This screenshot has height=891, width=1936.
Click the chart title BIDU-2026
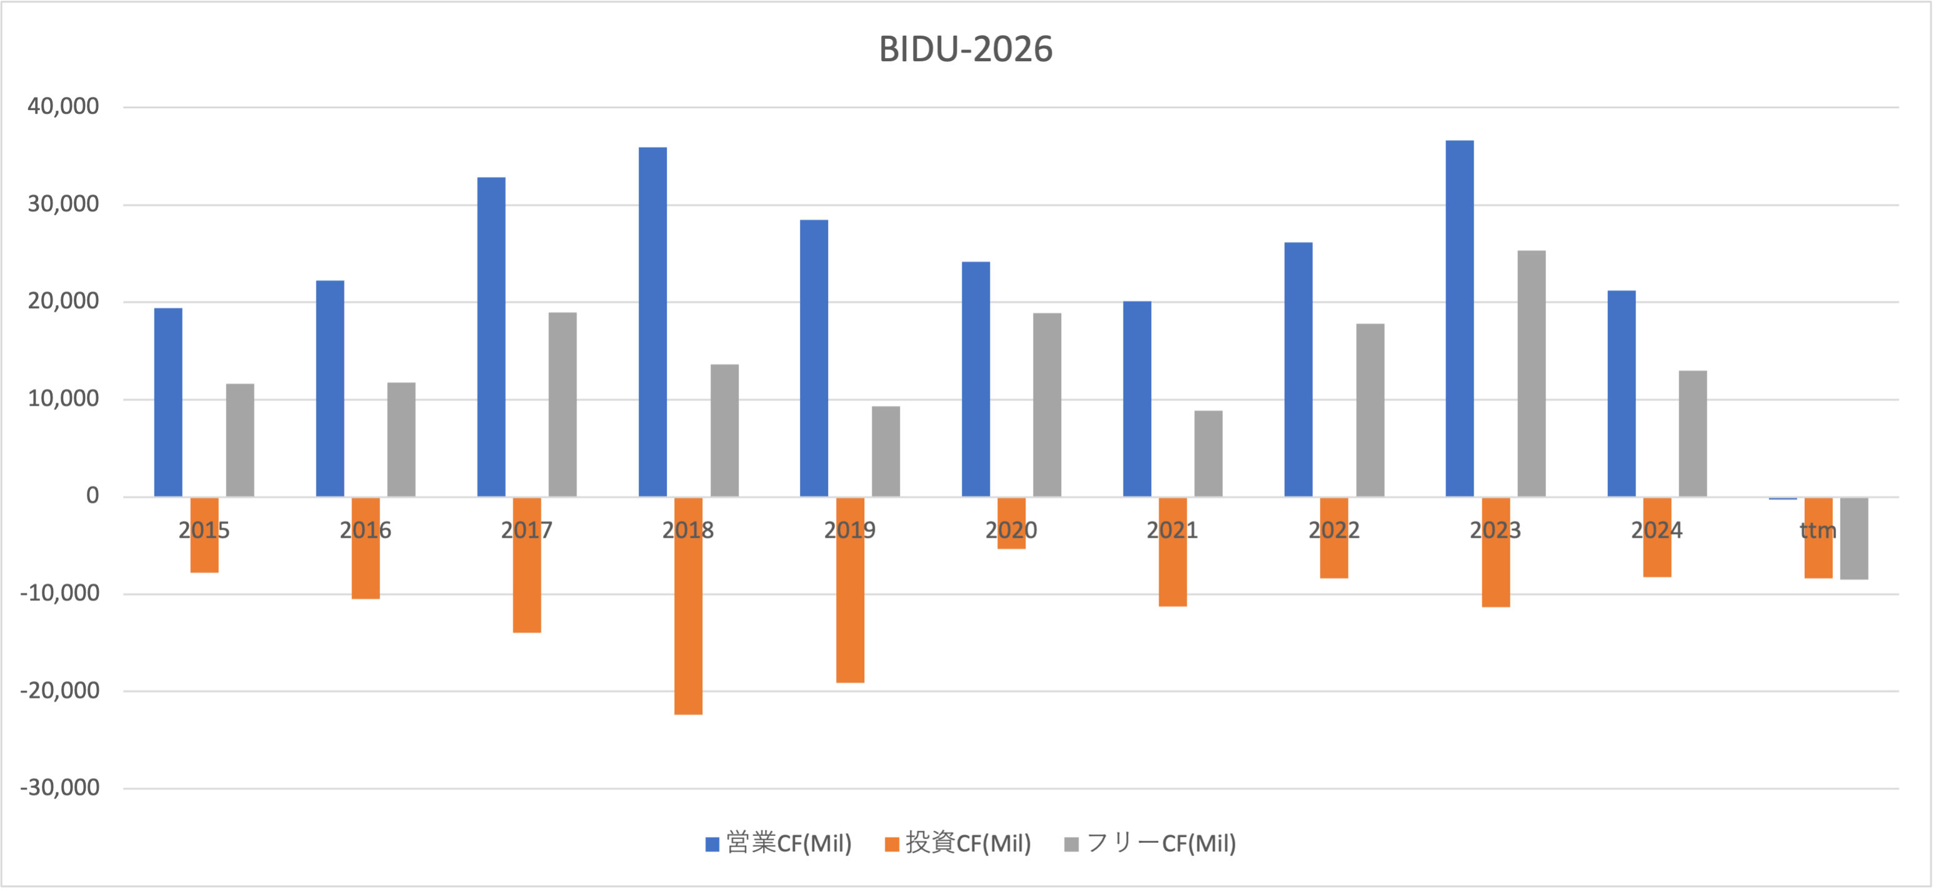tap(966, 49)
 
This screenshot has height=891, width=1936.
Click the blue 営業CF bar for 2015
tap(168, 402)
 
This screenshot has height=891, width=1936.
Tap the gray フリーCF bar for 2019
tap(886, 451)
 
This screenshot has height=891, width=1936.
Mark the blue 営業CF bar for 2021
tap(1137, 398)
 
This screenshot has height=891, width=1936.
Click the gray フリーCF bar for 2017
tap(562, 405)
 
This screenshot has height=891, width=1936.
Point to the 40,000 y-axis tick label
tap(63, 107)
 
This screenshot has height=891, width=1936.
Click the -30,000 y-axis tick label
tap(59, 788)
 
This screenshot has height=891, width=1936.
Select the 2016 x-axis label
tap(365, 531)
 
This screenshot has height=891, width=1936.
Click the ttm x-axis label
tap(1817, 531)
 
